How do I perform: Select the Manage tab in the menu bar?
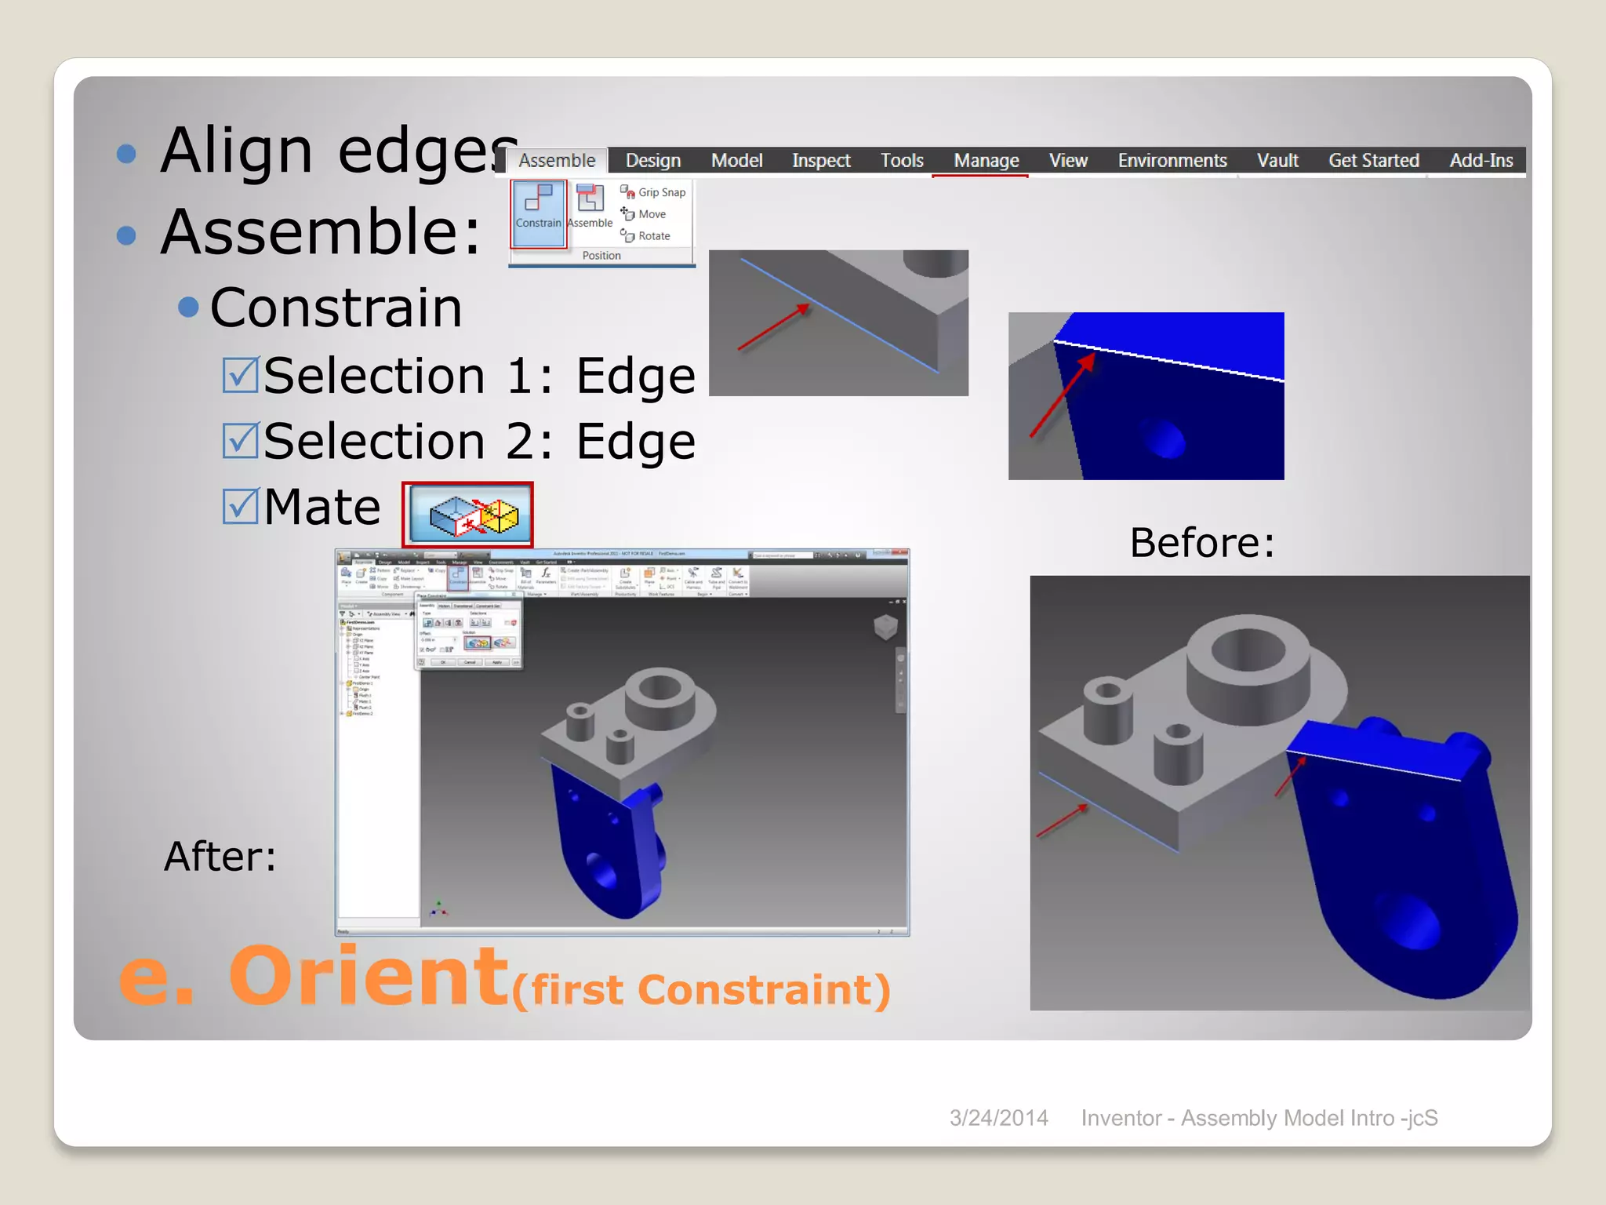[x=986, y=161]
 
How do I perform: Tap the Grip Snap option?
[x=653, y=192]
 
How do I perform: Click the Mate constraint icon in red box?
[x=468, y=515]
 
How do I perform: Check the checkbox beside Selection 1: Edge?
[x=240, y=375]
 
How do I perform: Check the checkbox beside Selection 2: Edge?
[x=240, y=440]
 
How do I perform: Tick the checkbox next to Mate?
[x=240, y=506]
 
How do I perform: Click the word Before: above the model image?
[x=1201, y=542]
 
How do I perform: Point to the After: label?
[x=220, y=856]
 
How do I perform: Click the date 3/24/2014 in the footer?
[x=998, y=1118]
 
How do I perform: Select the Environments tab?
[x=1172, y=161]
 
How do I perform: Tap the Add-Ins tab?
[x=1481, y=161]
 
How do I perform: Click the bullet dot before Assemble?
[x=126, y=235]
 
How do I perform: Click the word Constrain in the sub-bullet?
[x=336, y=308]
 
